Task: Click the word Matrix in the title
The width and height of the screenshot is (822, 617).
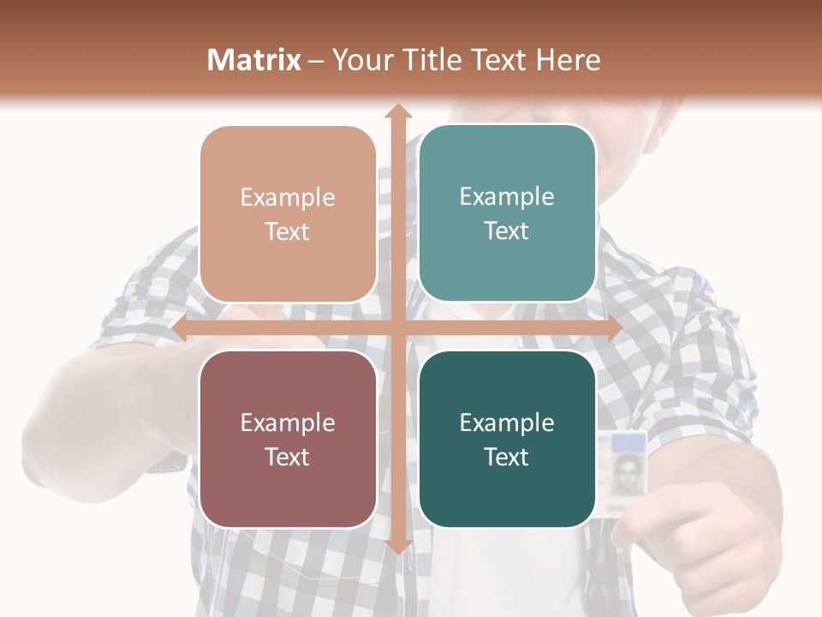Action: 254,60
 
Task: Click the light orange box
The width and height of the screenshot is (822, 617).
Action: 288,213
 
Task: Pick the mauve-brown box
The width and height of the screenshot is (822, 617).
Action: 288,439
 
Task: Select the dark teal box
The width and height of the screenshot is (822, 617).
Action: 507,439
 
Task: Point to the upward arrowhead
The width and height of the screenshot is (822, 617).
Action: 397,112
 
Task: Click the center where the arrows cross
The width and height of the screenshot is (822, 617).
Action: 397,329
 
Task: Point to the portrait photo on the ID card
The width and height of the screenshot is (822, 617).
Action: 627,472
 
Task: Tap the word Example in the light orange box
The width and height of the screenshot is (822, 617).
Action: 288,197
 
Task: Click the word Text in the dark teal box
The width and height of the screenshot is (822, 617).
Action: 507,457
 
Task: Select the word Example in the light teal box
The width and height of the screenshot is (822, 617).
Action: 507,196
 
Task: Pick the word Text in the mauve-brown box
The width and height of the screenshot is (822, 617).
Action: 288,457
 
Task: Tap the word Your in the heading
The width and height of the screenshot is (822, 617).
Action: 360,60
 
